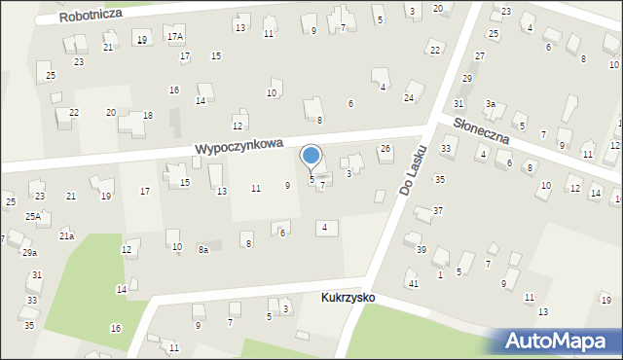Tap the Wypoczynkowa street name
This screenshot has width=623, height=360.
238,145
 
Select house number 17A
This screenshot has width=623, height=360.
174,37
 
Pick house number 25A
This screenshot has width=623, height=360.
33,216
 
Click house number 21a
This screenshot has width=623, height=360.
66,235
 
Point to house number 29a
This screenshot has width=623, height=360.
29,253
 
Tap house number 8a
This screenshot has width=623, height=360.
203,250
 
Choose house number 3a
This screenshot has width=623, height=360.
492,103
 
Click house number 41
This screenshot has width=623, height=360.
414,283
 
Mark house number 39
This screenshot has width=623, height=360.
421,249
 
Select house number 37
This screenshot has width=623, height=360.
438,210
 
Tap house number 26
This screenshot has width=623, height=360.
385,148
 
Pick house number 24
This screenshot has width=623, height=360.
409,98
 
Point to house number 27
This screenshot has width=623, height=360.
479,56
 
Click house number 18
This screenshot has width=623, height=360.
148,115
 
